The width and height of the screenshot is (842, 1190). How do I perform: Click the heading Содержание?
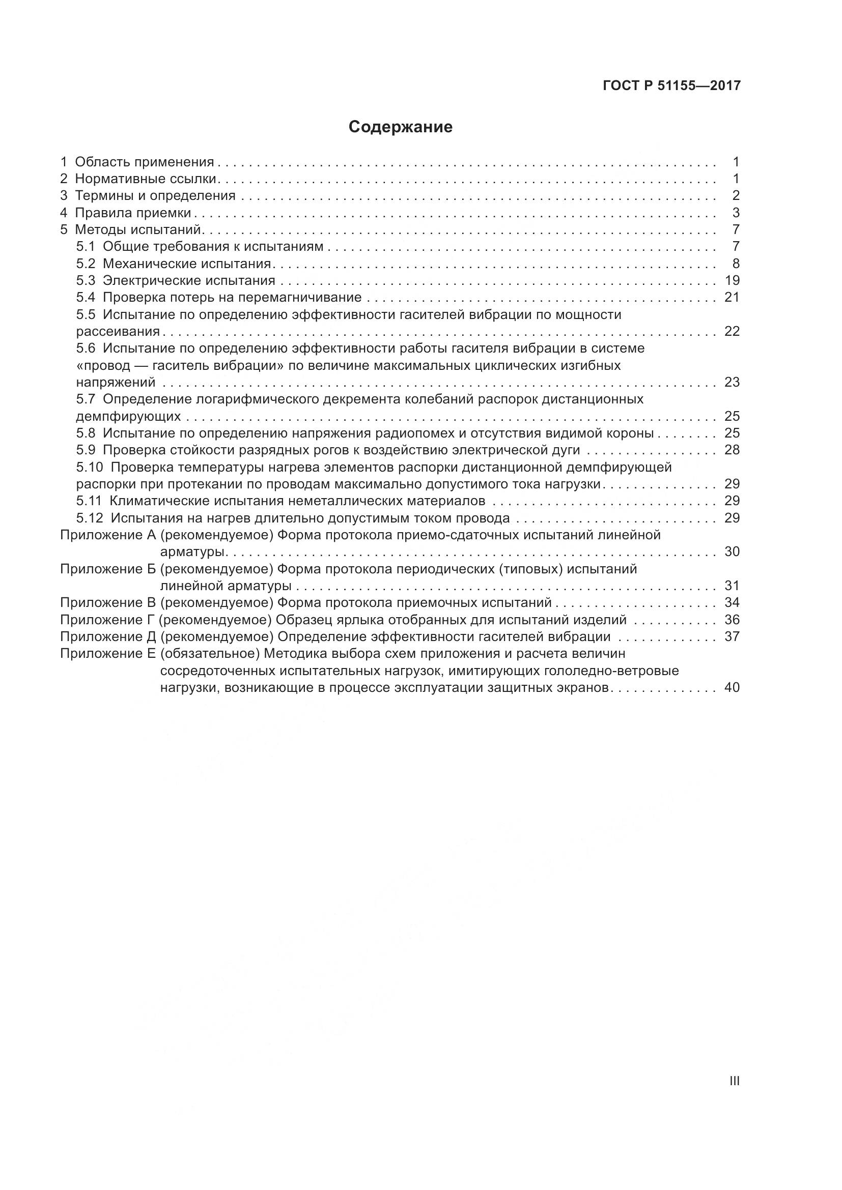(x=400, y=127)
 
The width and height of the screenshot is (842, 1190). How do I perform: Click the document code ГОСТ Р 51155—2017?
(x=671, y=86)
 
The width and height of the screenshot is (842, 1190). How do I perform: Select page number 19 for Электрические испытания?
(x=732, y=281)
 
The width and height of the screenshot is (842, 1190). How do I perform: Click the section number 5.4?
(x=86, y=298)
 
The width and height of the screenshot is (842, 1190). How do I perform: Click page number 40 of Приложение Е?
(x=732, y=688)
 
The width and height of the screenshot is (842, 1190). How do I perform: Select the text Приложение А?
(x=108, y=535)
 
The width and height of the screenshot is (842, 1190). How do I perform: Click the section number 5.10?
(x=89, y=468)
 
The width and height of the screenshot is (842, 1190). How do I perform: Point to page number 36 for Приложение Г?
(x=732, y=620)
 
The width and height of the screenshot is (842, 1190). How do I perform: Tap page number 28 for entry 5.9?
(x=732, y=450)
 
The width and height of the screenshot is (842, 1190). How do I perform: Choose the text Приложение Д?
(x=108, y=636)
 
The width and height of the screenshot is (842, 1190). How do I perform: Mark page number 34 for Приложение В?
(x=732, y=603)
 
